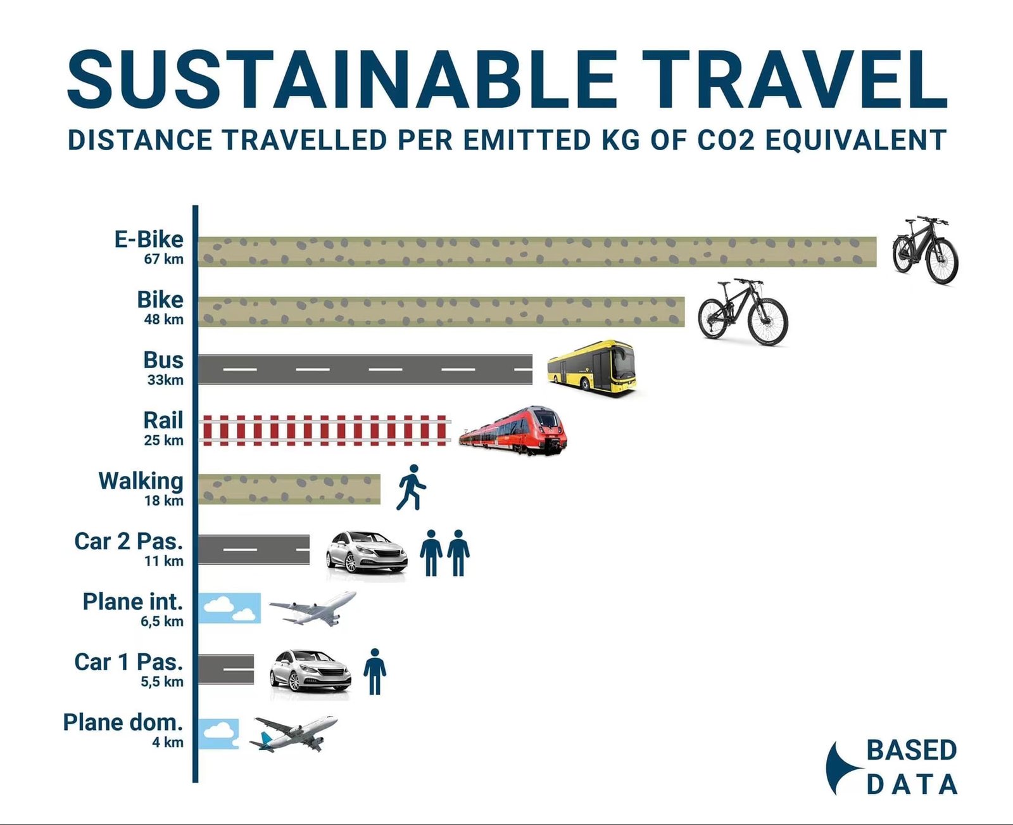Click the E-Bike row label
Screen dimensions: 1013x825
coord(149,240)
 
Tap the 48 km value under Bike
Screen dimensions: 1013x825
coord(163,319)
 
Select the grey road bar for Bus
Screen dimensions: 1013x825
coord(365,369)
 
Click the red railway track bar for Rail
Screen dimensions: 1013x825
coord(325,430)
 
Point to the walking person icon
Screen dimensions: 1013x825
coord(411,487)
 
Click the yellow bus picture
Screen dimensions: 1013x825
coord(591,368)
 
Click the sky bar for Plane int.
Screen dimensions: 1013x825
coord(229,608)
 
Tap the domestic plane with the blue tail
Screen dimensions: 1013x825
coord(293,732)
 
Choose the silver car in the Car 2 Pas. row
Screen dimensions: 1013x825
coord(366,553)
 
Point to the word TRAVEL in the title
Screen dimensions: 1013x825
coord(794,79)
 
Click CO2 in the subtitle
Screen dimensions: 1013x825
coord(726,140)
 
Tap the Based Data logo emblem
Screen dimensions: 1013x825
coord(844,768)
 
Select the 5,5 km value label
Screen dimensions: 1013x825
coord(161,682)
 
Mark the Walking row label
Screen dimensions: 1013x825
coord(141,482)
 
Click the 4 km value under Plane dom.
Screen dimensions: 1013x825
coord(168,742)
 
